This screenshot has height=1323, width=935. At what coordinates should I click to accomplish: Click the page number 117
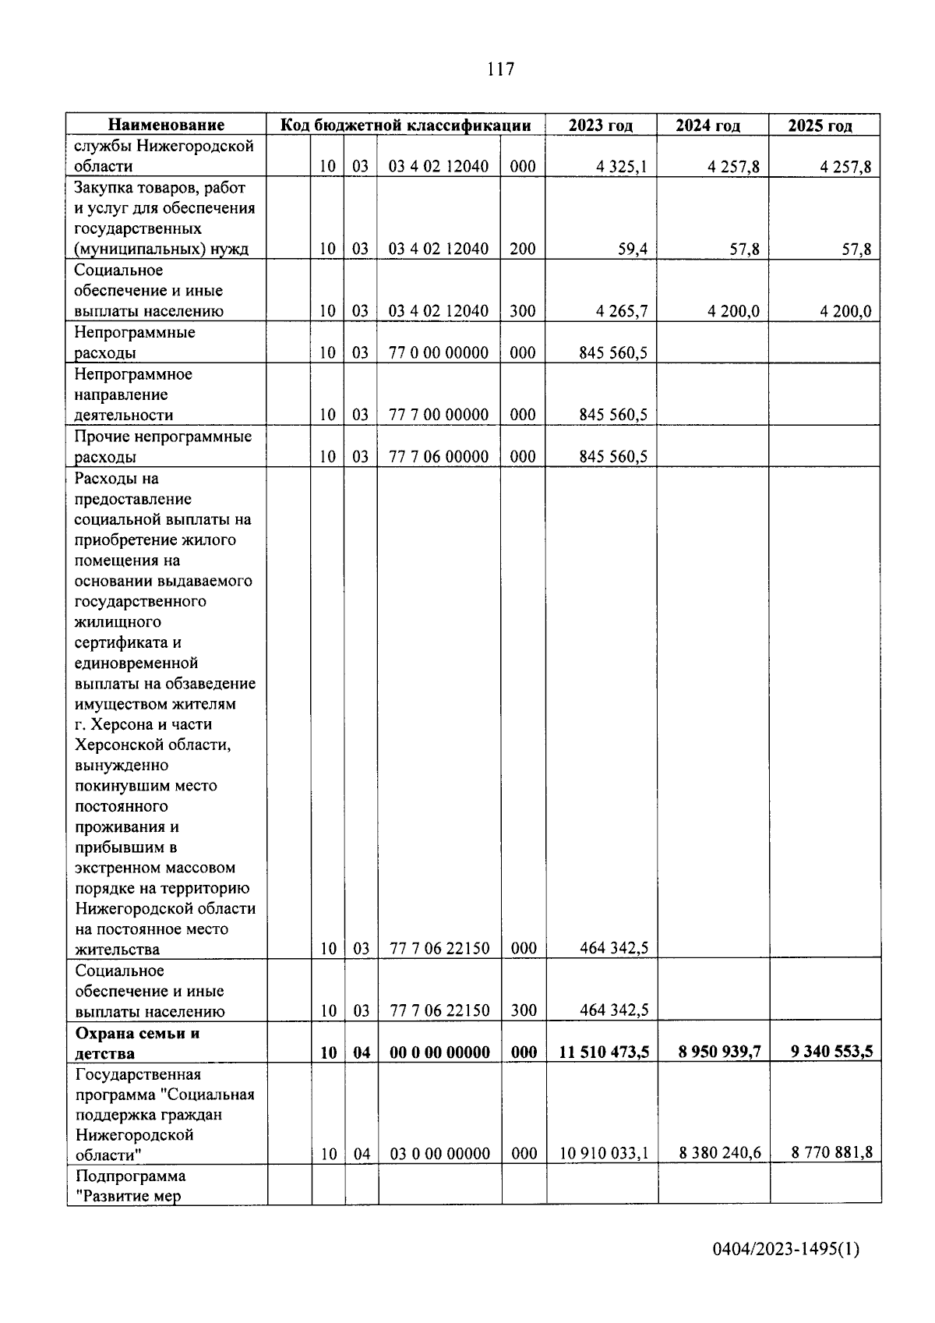click(x=500, y=69)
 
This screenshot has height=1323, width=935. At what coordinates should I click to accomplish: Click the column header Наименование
click(x=166, y=125)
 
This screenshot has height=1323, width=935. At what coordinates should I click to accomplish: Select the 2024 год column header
click(x=707, y=126)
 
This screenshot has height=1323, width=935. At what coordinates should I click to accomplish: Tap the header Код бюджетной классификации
click(x=406, y=125)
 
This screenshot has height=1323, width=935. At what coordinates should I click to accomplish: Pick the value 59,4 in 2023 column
click(x=632, y=249)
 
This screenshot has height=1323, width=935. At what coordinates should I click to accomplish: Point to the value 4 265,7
click(x=621, y=311)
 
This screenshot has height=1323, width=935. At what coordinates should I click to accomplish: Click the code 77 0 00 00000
click(x=439, y=352)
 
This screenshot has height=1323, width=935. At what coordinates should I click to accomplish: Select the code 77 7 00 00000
click(x=439, y=415)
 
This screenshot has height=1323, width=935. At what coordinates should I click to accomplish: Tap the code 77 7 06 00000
click(x=439, y=456)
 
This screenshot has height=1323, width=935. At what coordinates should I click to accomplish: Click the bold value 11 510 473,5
click(x=604, y=1052)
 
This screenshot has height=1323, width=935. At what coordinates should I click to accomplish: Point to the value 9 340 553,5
click(x=831, y=1052)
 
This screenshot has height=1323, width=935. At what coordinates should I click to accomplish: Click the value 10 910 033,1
click(x=604, y=1153)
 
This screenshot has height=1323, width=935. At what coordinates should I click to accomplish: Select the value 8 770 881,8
click(x=831, y=1153)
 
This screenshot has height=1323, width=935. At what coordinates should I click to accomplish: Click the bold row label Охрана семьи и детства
click(x=138, y=1043)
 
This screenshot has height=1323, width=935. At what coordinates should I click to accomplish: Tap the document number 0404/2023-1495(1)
click(x=785, y=1250)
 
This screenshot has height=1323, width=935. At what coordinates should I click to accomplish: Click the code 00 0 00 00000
click(x=439, y=1052)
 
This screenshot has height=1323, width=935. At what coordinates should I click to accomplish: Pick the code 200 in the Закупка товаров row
click(x=523, y=249)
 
